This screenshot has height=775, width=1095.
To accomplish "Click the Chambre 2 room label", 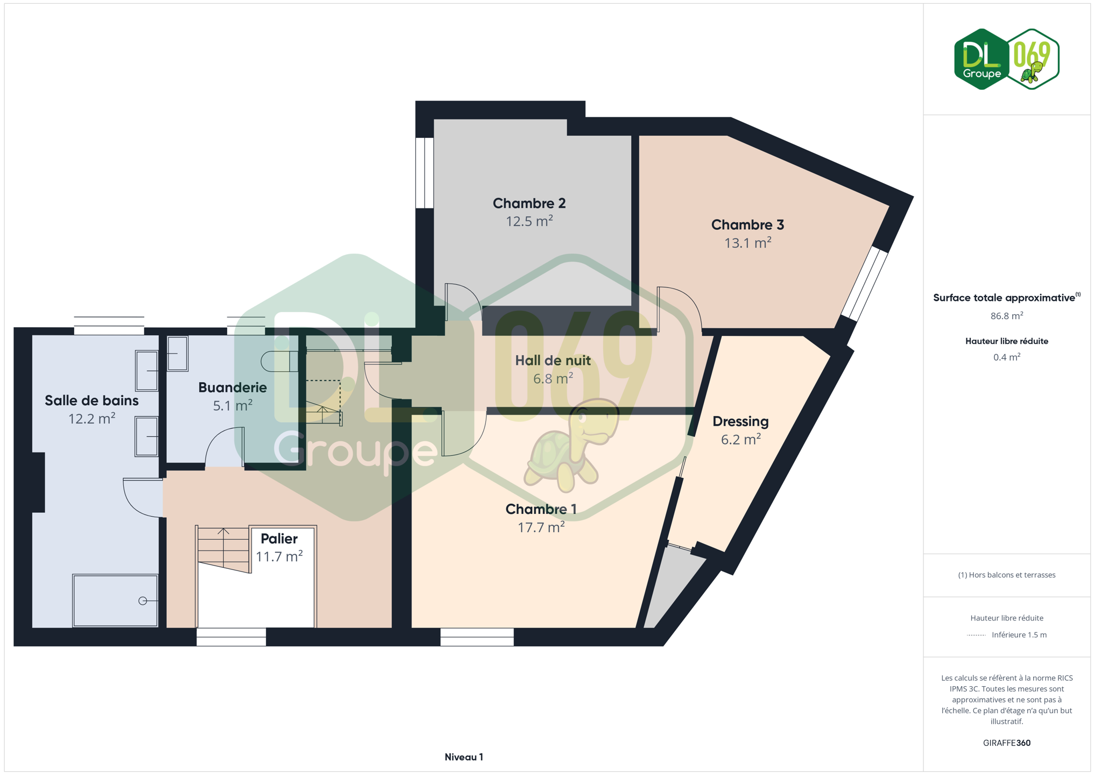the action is click(529, 203).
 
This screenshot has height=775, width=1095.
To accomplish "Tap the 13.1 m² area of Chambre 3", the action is click(747, 243).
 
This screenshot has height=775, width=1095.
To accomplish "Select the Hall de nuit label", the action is click(553, 361).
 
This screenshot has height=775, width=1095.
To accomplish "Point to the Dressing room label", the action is click(740, 421).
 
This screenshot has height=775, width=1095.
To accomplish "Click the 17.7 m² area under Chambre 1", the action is click(541, 527).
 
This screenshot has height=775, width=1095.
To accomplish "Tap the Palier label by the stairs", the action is click(279, 538).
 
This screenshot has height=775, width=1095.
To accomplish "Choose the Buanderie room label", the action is click(232, 387).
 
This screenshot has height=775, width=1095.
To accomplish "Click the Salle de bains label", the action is click(91, 400).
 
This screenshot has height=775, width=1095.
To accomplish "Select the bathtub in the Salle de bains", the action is click(115, 601).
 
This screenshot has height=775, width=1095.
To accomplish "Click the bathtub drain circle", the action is click(143, 601).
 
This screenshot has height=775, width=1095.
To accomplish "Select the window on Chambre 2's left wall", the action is click(425, 173).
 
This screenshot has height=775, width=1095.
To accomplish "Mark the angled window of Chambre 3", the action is click(864, 284).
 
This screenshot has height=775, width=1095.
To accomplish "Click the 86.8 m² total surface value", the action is click(1006, 316).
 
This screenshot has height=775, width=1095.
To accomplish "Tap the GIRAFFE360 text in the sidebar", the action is click(1006, 743).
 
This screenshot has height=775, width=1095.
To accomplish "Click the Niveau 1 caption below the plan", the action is click(464, 757).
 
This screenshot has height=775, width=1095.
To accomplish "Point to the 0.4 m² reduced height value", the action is click(1006, 357).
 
